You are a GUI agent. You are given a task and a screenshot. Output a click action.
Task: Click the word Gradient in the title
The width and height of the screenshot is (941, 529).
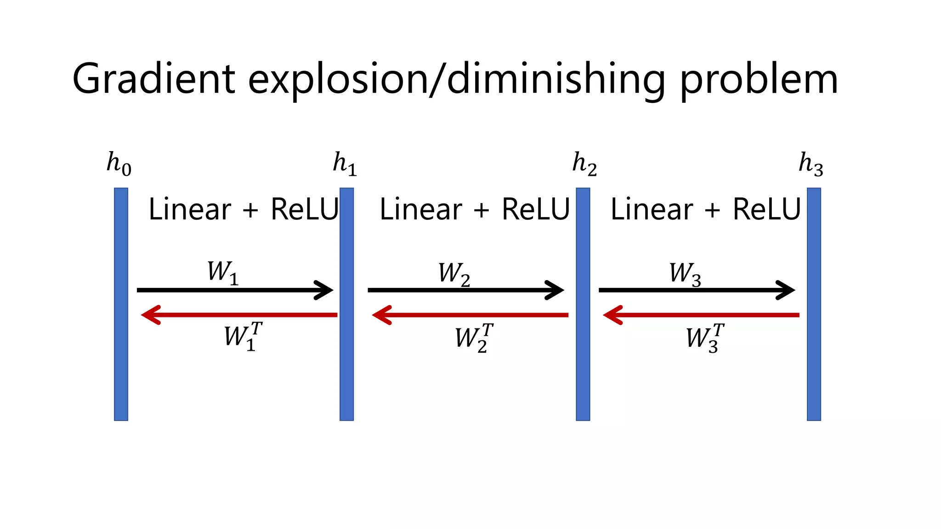click(154, 79)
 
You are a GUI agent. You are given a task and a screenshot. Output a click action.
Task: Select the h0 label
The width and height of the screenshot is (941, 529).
click(119, 164)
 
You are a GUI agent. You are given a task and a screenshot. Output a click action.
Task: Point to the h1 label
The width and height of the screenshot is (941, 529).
click(345, 164)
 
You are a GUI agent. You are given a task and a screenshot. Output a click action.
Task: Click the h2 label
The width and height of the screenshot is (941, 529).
click(584, 164)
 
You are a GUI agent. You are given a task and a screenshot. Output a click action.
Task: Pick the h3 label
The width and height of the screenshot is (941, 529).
click(811, 164)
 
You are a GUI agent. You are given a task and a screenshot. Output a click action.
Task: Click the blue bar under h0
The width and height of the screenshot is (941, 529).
click(121, 304)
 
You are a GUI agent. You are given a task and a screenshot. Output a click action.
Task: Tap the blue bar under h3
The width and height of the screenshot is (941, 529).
click(814, 304)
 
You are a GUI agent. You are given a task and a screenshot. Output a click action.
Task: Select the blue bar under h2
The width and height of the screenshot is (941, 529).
click(583, 304)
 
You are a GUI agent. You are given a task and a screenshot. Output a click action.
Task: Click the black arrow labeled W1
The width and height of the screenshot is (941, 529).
click(234, 290)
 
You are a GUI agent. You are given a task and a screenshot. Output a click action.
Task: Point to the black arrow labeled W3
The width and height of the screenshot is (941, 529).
click(696, 290)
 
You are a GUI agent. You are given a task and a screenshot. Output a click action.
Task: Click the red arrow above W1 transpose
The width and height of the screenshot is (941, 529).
click(239, 315)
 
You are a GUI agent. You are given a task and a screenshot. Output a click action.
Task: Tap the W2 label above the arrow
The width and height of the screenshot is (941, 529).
click(454, 274)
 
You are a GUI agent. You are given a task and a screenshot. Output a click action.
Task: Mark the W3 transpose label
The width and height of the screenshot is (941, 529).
click(704, 338)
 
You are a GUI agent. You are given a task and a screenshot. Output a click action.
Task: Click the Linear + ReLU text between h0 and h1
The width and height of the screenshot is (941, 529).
click(243, 210)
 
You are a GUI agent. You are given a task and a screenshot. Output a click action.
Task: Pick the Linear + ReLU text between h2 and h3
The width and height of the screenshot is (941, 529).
click(705, 210)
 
